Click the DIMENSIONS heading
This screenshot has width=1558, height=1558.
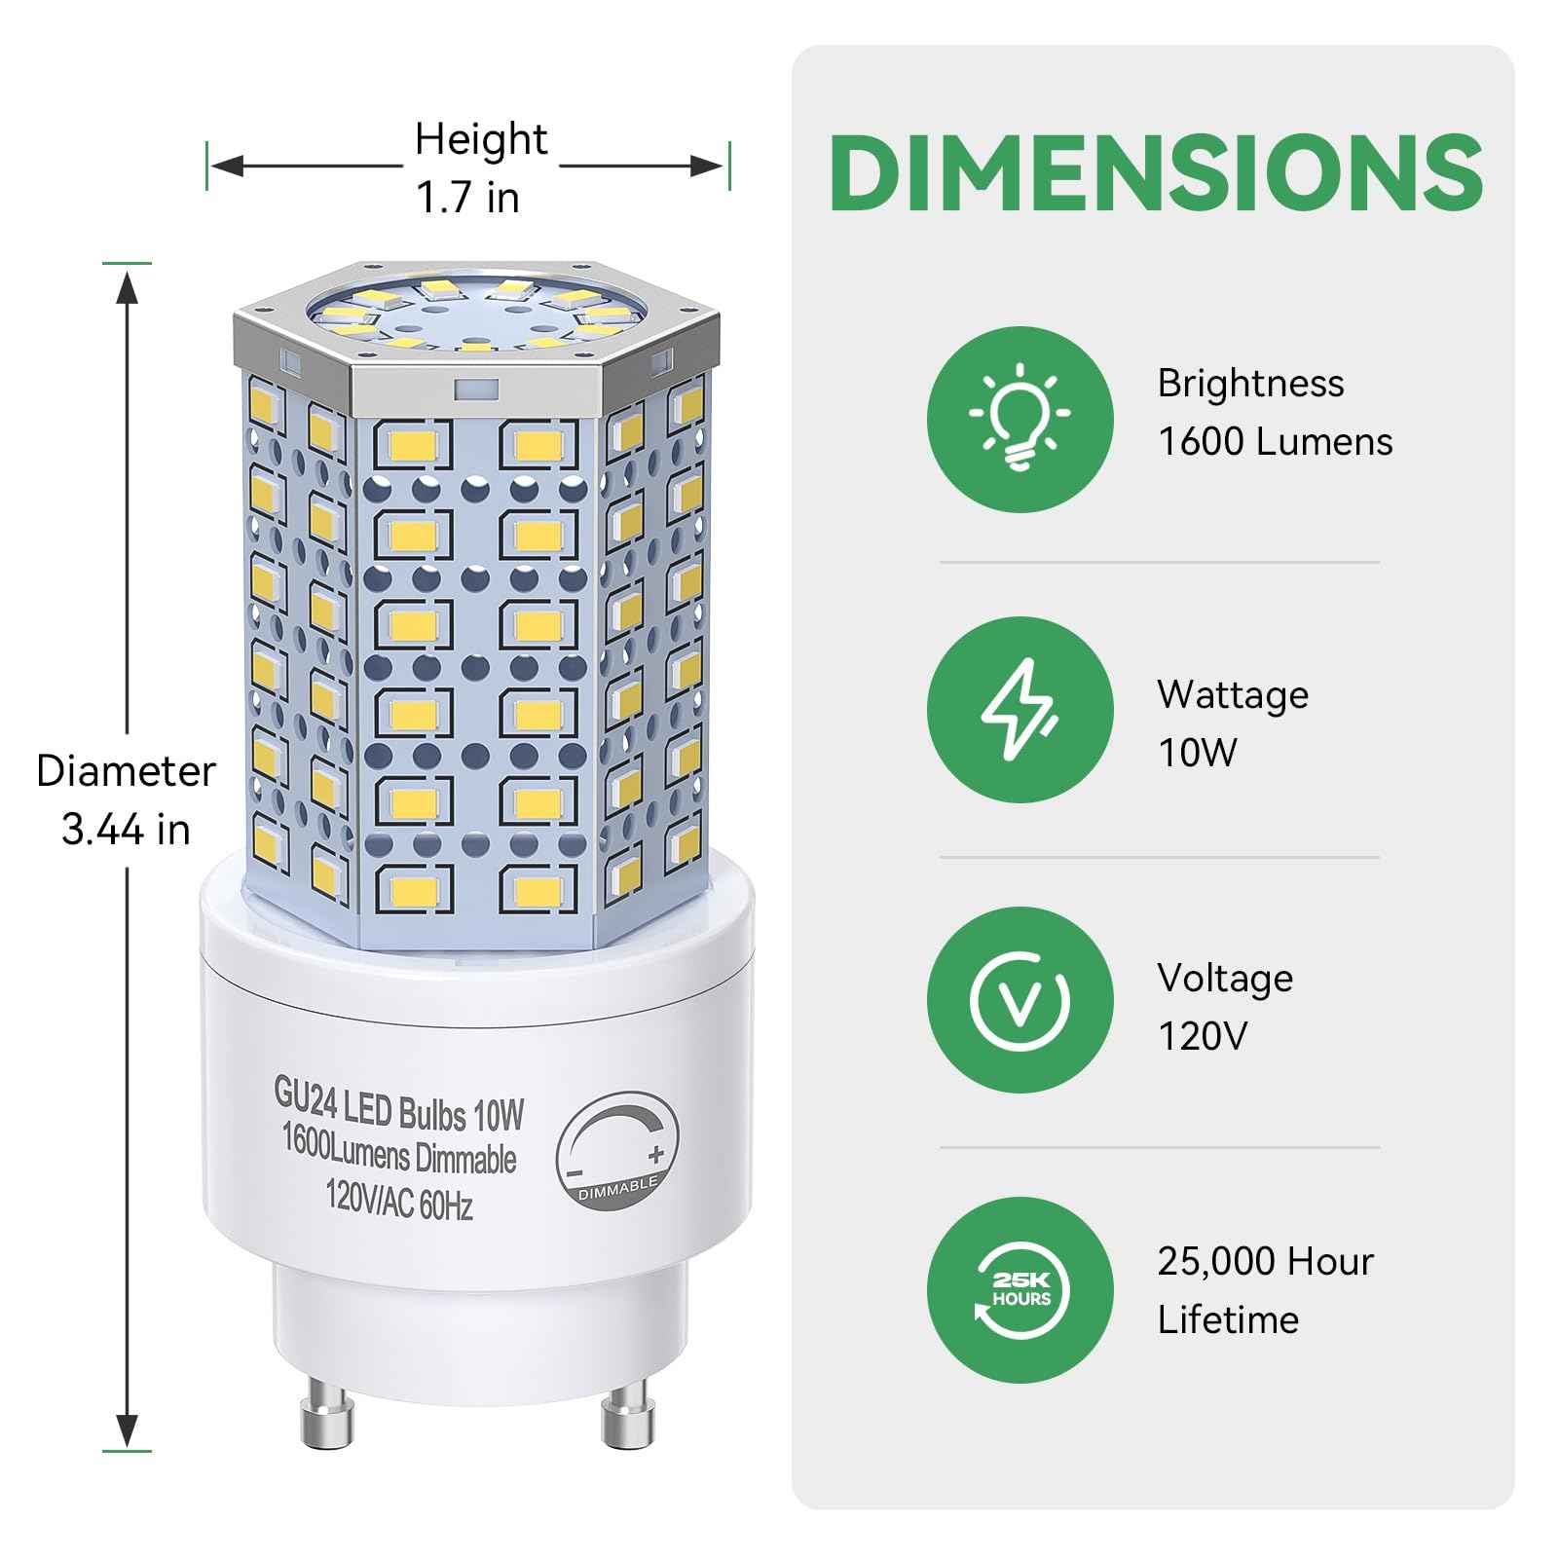point(1156,173)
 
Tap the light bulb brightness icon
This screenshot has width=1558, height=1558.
point(1020,419)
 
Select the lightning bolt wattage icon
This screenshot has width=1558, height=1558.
point(1020,710)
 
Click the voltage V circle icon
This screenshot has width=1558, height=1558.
point(1020,1000)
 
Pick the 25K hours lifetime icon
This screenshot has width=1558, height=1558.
point(1020,1290)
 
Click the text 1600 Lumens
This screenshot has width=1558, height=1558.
point(1275,442)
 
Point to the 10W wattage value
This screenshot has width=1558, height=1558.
point(1197,753)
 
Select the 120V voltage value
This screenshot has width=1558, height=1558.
point(1202,1036)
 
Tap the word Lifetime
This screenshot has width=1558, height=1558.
point(1228,1320)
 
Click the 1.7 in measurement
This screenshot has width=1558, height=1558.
point(468,199)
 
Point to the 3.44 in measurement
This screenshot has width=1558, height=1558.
point(126,831)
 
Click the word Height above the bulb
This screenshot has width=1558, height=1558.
point(481,140)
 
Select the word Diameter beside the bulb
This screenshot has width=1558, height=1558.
point(126,772)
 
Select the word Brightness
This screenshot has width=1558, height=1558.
point(1250,384)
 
